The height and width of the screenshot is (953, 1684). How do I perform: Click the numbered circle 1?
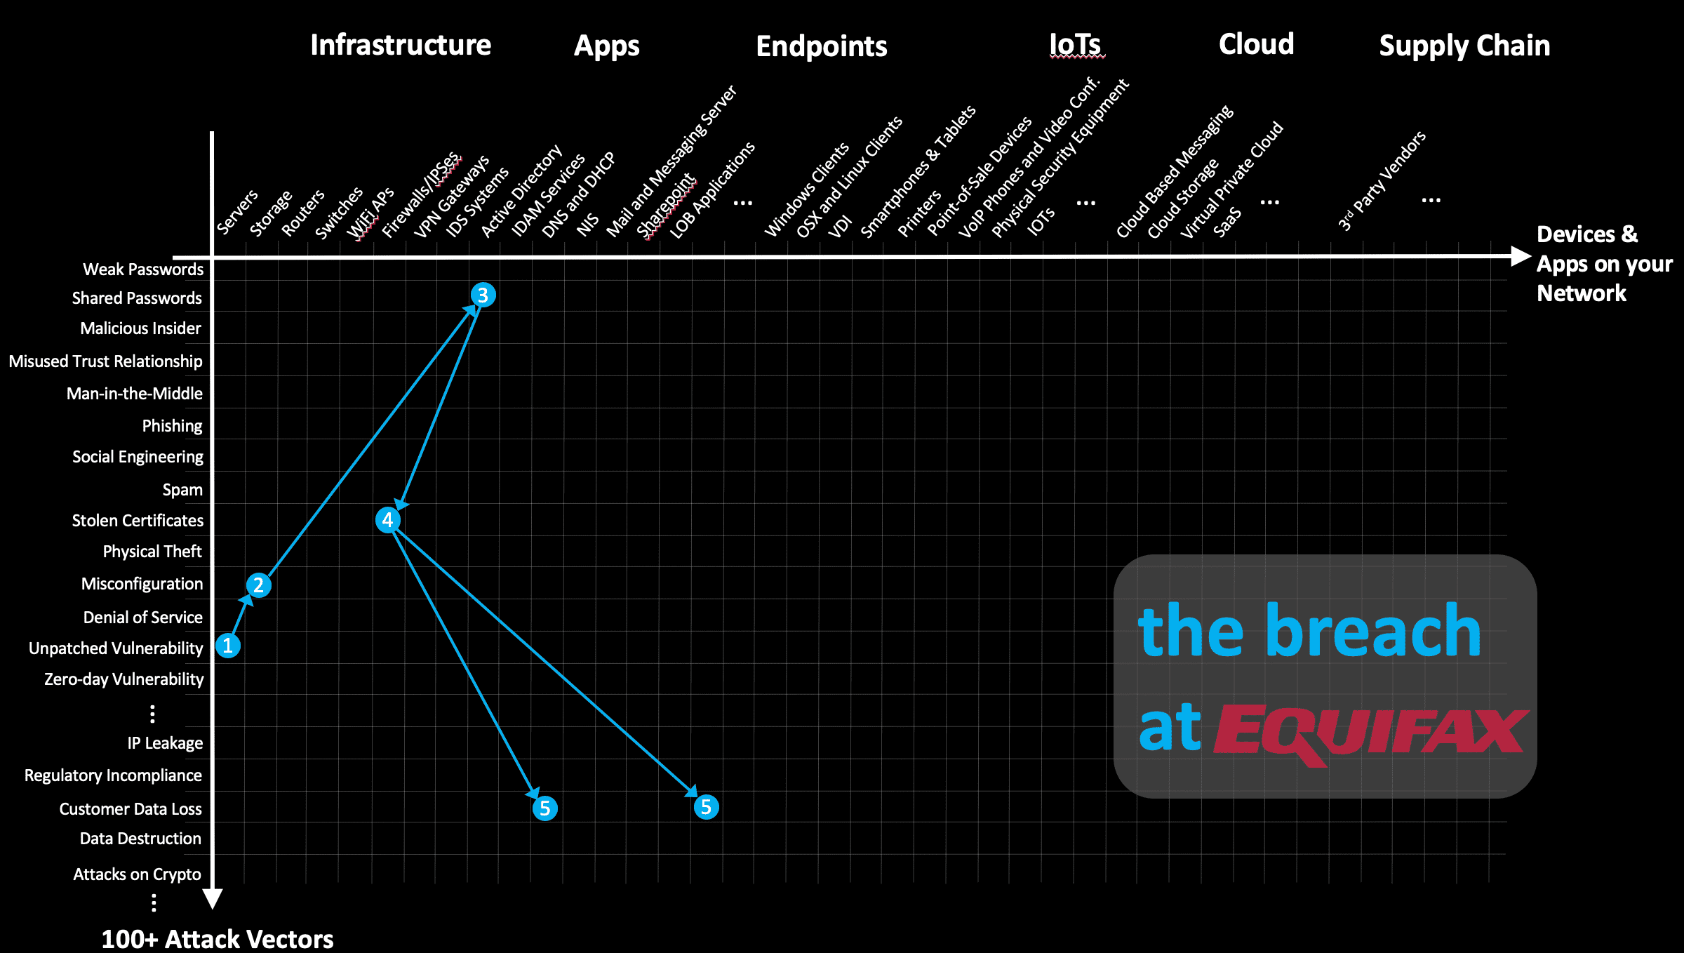228,646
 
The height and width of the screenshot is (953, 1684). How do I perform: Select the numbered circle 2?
259,585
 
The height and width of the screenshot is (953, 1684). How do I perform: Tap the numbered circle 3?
483,295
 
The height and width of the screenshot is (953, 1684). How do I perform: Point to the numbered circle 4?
388,520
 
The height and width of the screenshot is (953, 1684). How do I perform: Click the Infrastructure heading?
401,46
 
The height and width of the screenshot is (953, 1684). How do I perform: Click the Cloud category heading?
1256,45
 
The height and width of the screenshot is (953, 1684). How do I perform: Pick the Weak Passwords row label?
143,269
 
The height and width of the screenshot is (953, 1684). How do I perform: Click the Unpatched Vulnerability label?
116,648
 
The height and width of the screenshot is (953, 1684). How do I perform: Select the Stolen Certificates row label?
138,521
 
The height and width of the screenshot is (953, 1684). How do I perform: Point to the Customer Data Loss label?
131,809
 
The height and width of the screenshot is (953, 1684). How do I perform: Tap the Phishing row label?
172,426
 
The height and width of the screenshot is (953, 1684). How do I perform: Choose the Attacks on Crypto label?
137,874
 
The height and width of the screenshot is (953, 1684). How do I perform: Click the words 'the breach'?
1309,632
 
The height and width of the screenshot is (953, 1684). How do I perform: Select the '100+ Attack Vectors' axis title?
218,939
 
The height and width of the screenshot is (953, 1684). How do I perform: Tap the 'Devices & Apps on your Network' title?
1603,264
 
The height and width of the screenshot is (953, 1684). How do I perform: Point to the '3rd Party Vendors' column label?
1382,181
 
